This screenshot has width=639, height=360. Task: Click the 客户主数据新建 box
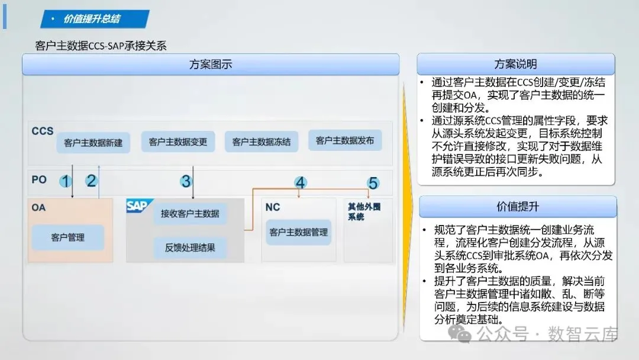tap(93, 143)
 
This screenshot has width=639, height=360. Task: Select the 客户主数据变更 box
tap(177, 142)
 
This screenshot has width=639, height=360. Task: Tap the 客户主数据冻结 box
tap(262, 142)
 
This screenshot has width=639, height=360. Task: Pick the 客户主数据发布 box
tap(345, 141)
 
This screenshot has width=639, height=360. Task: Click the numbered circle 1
tap(66, 181)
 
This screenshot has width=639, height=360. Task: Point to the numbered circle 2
tap(91, 181)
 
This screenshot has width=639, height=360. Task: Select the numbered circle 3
tap(186, 181)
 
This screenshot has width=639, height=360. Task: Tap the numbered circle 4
tap(301, 183)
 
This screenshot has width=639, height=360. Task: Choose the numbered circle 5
tap(373, 183)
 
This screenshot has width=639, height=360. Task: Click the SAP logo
tap(137, 206)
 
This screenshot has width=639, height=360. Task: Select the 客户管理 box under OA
tap(67, 237)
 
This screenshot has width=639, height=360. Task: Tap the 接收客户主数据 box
tap(190, 213)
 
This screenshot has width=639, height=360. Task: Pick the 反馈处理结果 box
tap(190, 247)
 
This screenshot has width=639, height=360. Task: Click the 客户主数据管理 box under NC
tap(298, 232)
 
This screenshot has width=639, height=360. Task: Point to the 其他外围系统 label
tap(364, 212)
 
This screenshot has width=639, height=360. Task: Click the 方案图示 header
tap(211, 65)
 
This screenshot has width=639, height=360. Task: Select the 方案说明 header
tap(515, 64)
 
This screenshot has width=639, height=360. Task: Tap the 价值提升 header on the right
tap(518, 207)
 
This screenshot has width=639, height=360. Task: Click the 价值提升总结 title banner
tap(95, 19)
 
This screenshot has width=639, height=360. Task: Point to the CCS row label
tap(43, 131)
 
